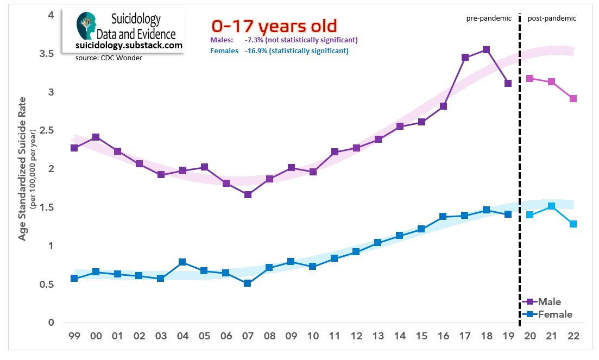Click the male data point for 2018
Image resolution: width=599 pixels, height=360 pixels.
(x=486, y=50)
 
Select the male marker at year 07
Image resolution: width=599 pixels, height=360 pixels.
(x=248, y=194)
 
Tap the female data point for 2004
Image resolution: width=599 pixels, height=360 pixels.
(x=182, y=262)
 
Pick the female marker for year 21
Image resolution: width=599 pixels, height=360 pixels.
(x=551, y=206)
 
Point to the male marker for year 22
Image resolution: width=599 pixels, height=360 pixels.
(x=573, y=99)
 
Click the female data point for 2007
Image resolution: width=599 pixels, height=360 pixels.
(x=248, y=283)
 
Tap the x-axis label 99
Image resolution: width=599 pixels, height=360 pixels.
(x=74, y=336)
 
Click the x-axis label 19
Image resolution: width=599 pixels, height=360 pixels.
(x=508, y=336)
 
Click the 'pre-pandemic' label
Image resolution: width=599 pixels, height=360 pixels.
(x=489, y=18)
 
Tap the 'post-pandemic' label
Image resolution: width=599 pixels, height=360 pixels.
(x=552, y=18)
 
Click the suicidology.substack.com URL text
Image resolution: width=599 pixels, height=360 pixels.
(x=129, y=46)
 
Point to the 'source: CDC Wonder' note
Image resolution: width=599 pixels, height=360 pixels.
(x=108, y=58)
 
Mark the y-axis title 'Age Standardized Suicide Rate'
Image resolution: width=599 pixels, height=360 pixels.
(x=22, y=168)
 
